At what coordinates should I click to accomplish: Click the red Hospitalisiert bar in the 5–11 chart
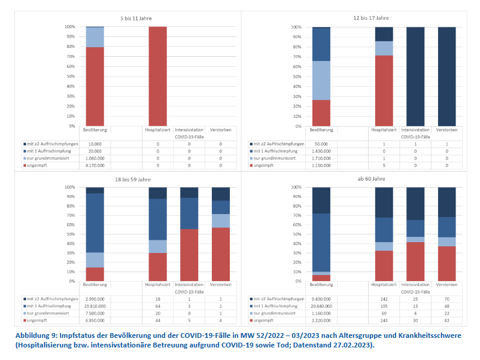(x=157, y=76)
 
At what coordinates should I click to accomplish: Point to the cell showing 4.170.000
(x=95, y=165)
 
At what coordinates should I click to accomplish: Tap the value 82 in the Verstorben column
(x=446, y=320)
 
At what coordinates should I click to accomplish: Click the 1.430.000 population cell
(x=322, y=151)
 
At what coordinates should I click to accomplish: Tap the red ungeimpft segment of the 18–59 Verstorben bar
(x=220, y=254)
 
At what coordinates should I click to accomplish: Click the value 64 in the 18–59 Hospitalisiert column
(x=158, y=306)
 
